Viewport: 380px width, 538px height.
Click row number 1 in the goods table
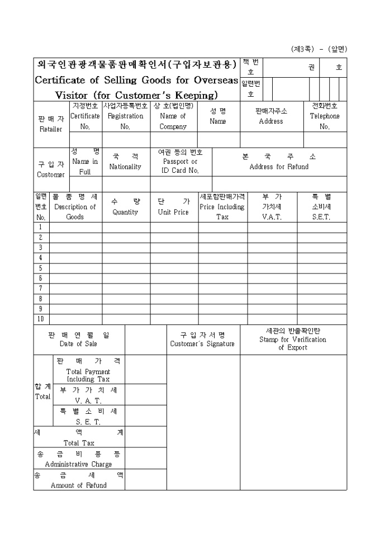[41, 227]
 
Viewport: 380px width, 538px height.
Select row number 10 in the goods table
[41, 319]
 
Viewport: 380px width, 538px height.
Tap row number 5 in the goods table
[41, 268]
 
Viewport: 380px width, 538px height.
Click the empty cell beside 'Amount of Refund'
[145, 480]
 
